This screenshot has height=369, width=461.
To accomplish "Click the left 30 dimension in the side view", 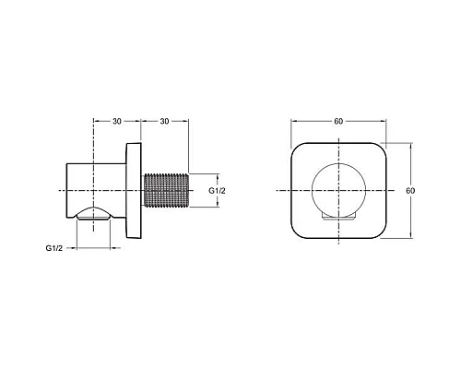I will click(x=115, y=122).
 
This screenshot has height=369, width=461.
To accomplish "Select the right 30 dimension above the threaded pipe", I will click(x=164, y=122).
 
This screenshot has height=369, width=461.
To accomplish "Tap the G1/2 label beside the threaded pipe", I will click(x=219, y=191).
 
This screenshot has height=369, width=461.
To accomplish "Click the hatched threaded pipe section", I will click(x=166, y=191).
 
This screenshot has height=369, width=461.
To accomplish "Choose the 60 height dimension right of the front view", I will click(x=412, y=191).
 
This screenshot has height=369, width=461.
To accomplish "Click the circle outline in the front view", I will click(x=312, y=191).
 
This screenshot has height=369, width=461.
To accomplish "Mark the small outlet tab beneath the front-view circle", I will click(x=338, y=219).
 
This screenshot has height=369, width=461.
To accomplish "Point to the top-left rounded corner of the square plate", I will click(x=297, y=151).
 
